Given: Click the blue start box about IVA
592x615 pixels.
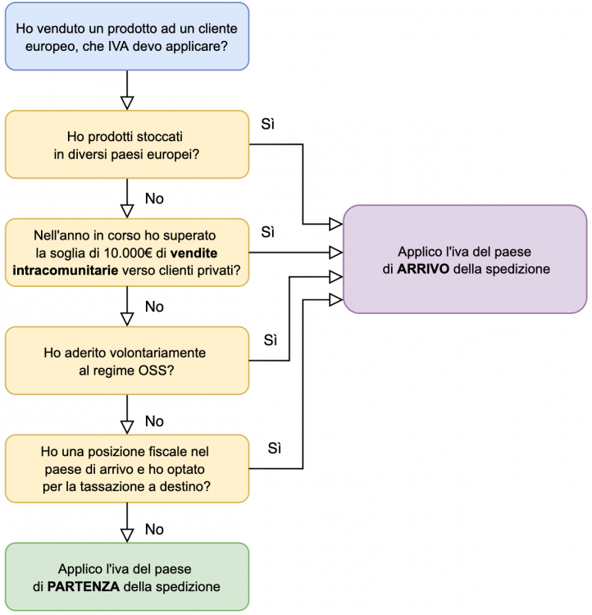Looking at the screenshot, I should [126, 36].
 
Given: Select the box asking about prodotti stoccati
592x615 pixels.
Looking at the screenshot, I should [126, 144].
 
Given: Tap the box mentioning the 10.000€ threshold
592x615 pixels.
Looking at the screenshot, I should [126, 252].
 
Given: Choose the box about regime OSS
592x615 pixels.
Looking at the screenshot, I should [126, 360].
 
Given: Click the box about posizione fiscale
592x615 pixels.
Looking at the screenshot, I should [126, 468].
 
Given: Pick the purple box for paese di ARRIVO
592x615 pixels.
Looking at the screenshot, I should [465, 260].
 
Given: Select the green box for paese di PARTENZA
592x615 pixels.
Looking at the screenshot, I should [126, 577].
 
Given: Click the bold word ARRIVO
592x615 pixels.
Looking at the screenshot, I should [423, 269].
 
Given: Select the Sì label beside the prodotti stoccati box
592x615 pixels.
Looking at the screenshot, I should [267, 124].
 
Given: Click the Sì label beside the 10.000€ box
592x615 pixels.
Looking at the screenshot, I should [267, 232].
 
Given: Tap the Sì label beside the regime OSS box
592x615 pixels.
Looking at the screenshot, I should [272, 339].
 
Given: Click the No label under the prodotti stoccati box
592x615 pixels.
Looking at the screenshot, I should [154, 198].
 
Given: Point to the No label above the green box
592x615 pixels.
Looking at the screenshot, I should [154, 529].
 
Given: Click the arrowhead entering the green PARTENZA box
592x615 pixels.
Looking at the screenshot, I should [126, 535].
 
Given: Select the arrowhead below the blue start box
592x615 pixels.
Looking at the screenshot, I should [126, 102].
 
